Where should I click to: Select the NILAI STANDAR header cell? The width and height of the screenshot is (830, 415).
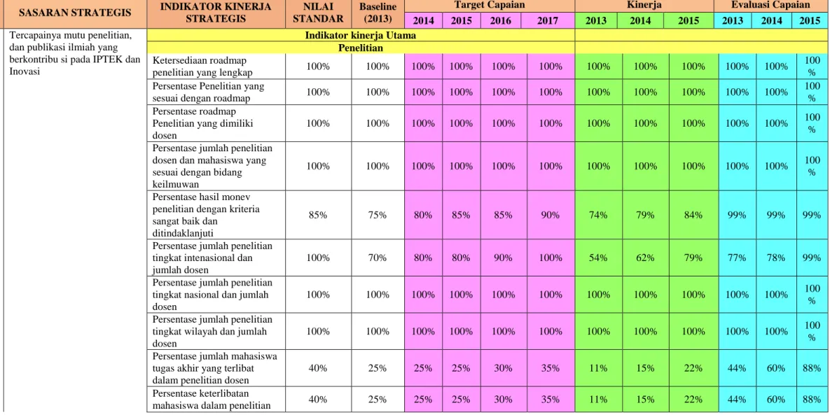318,14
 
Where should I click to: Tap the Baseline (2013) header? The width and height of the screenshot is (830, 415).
378,14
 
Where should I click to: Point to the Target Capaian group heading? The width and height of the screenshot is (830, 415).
490,6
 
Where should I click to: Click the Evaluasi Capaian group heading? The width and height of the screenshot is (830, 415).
770,6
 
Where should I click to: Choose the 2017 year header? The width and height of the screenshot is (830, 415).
548,20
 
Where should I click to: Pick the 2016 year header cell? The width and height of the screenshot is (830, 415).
501,20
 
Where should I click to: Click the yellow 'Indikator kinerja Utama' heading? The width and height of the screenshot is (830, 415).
361,36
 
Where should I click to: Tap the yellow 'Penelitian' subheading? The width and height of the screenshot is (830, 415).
361,48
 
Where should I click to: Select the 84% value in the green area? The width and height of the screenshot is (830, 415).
693,215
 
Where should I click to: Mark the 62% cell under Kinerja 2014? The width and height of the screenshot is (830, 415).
645,258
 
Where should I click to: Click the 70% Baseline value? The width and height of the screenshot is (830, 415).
378,258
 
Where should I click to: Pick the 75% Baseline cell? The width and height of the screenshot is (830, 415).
378,215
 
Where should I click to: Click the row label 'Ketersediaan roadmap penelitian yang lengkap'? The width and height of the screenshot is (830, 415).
202,66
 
